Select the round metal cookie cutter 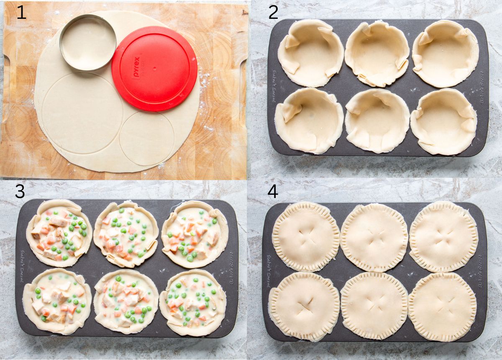tap(88, 42)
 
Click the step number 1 tap(21, 13)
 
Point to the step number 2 tap(273, 13)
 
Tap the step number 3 tap(20, 191)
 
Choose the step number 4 tap(273, 191)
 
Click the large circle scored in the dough tap(82, 113)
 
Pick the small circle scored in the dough tap(147, 138)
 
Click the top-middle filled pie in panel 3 tap(126, 234)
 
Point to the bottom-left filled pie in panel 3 tap(57, 301)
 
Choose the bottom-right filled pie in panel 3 tap(193, 302)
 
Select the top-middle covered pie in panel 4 tap(374, 238)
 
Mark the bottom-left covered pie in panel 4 tap(304, 306)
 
